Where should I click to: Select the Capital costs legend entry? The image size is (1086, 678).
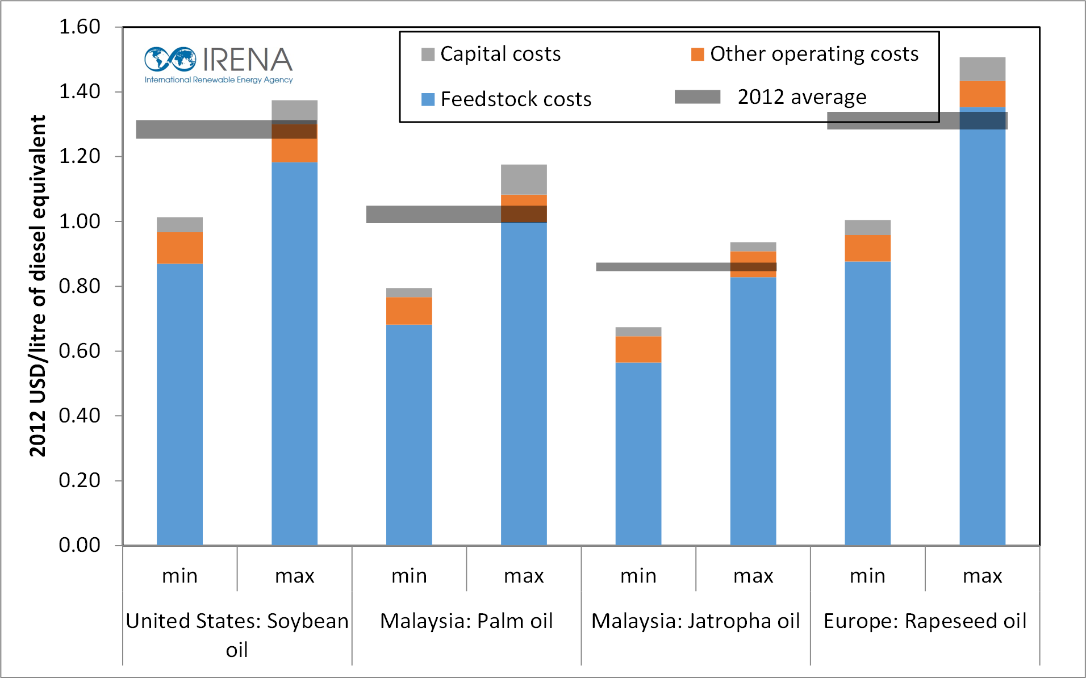(x=491, y=54)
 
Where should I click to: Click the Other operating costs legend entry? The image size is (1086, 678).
(x=804, y=54)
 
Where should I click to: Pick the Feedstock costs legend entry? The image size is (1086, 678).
(x=506, y=99)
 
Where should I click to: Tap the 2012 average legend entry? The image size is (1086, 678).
(x=771, y=97)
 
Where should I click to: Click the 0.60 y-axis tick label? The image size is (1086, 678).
(x=80, y=351)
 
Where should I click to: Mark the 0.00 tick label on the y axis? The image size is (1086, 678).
(x=80, y=545)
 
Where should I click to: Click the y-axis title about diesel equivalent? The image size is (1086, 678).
(x=37, y=286)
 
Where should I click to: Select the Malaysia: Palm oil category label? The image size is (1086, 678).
(x=466, y=621)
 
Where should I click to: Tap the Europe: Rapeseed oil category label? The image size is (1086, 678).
(x=925, y=621)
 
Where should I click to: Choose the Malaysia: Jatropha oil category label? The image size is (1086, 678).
(x=696, y=621)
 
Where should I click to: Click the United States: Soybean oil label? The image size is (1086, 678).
(x=237, y=635)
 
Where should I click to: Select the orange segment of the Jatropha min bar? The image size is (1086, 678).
(x=638, y=349)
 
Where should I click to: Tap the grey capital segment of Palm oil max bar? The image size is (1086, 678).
(x=524, y=179)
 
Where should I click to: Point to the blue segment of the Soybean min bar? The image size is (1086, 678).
(x=179, y=404)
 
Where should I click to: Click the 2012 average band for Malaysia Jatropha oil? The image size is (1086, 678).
(x=686, y=267)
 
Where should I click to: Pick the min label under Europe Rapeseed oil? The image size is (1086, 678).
(x=867, y=576)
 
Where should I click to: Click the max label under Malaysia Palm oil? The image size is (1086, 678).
(x=524, y=576)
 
